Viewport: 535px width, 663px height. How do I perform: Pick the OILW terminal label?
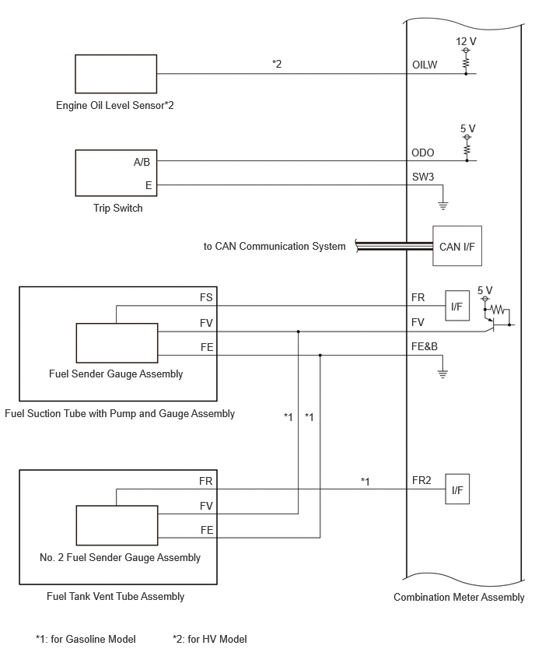tap(425, 65)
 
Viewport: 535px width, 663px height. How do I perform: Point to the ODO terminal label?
tap(422, 153)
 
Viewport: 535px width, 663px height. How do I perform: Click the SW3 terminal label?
tap(423, 177)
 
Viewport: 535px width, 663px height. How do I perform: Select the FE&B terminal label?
tap(425, 346)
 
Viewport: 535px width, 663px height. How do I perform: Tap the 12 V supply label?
tap(466, 41)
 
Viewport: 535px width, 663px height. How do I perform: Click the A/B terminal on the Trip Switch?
tap(142, 162)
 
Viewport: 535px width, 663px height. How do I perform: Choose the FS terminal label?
tap(206, 297)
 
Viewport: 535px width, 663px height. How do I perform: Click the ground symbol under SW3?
tap(442, 206)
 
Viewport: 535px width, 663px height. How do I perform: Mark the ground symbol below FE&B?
tap(442, 374)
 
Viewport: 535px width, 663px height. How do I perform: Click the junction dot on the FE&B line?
tap(320, 355)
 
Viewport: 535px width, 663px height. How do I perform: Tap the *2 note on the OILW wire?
tap(277, 64)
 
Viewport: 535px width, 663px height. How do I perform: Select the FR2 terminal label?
tap(421, 480)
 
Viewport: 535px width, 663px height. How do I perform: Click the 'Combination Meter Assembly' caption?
tap(459, 597)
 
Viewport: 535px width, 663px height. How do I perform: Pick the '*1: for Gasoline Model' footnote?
tap(86, 639)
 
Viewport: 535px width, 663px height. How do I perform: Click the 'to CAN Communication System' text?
tap(274, 246)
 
